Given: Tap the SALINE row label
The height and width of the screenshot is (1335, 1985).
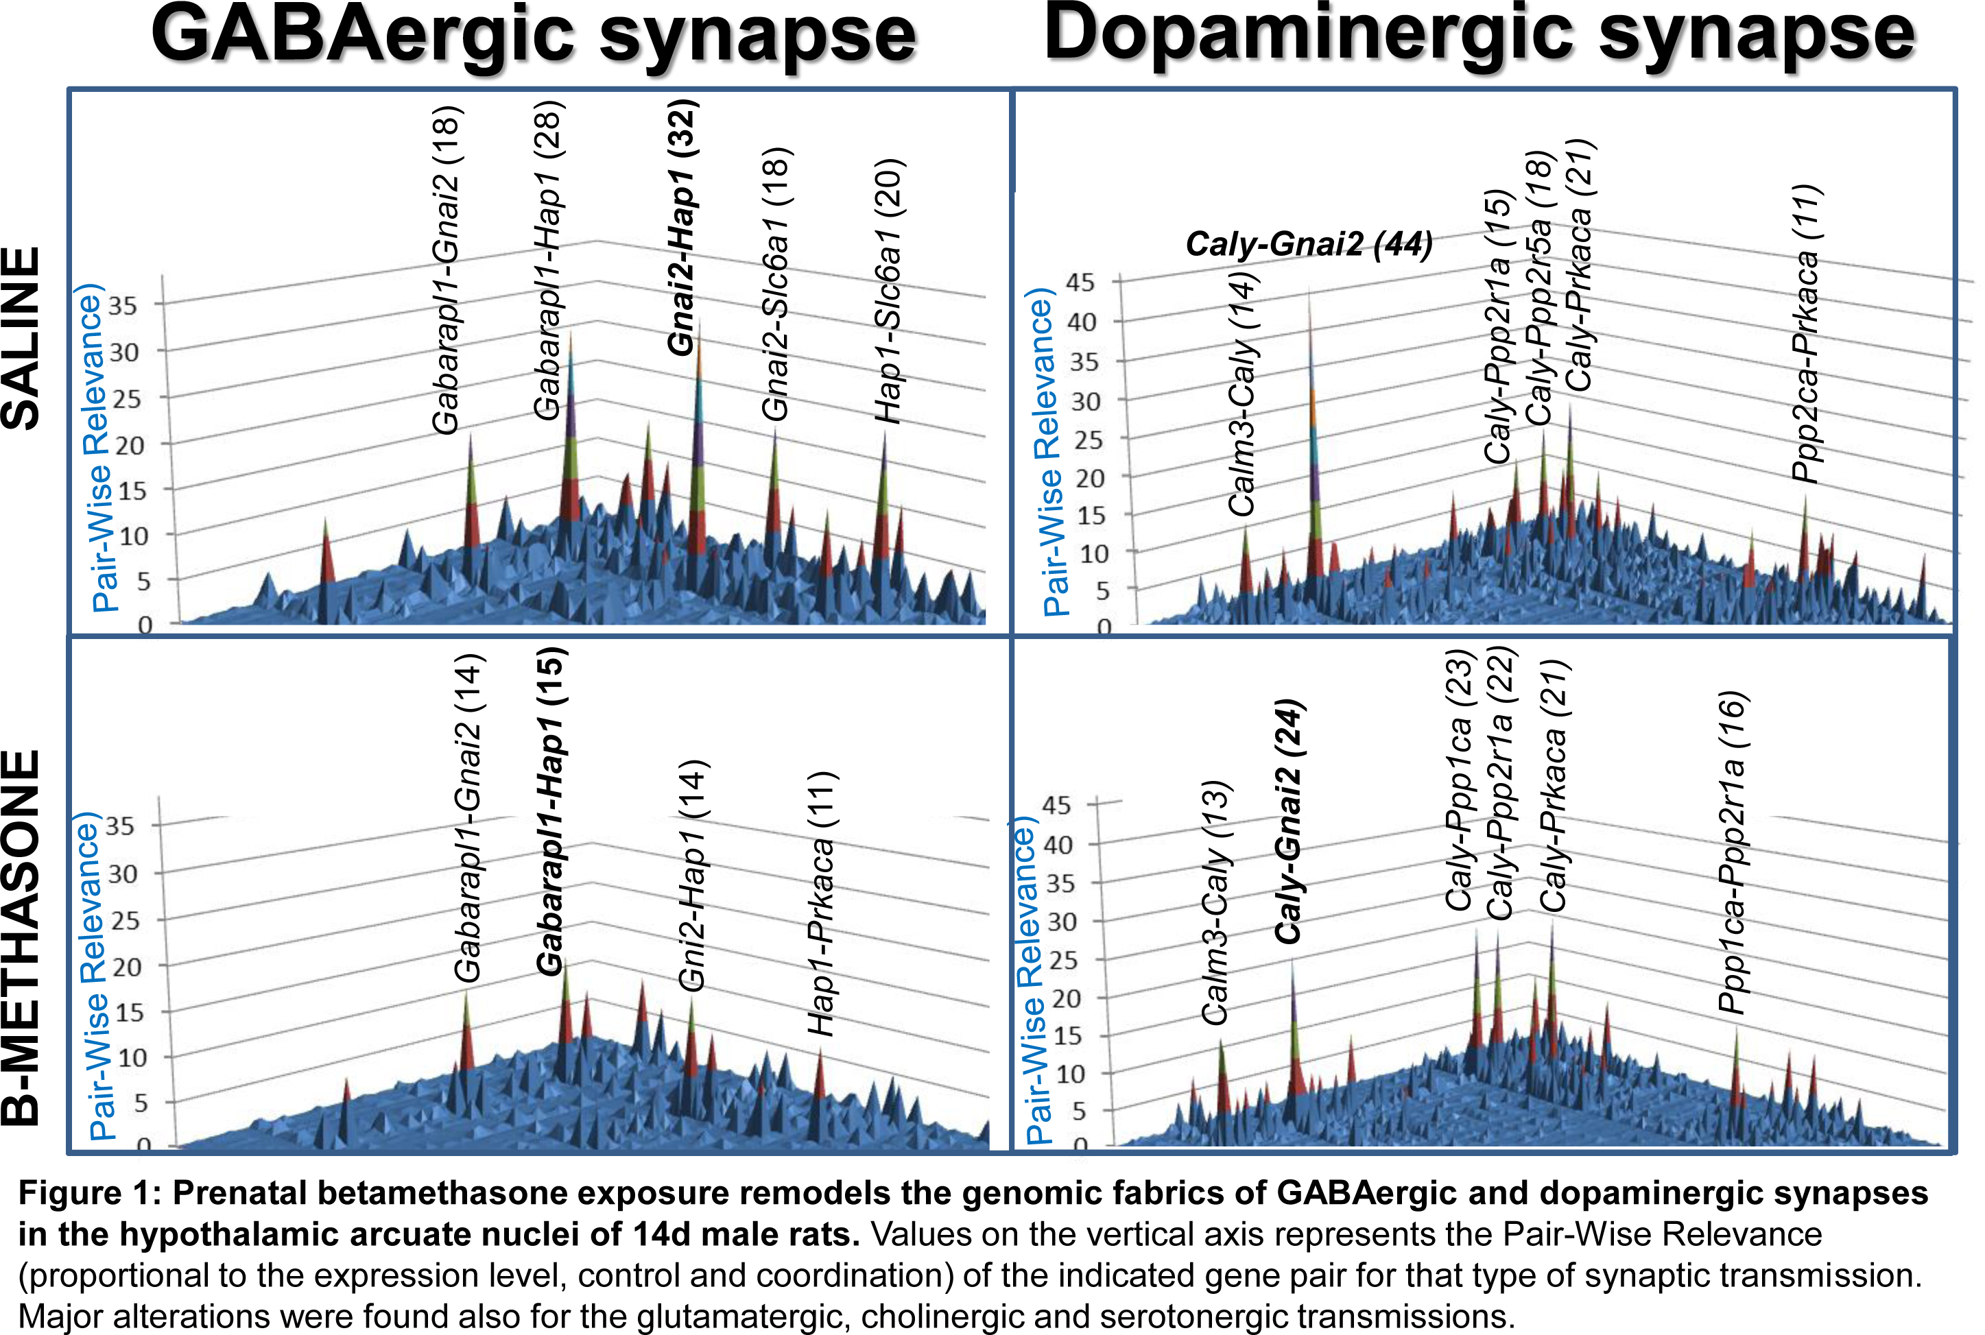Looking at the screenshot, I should click(x=22, y=338).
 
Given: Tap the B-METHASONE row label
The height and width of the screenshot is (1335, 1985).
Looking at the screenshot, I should click(x=22, y=937).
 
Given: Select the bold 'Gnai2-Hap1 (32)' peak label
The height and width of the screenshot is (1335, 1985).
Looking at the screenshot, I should click(x=683, y=228).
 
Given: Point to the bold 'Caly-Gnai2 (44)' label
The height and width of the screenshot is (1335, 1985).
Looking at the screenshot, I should click(x=1309, y=244).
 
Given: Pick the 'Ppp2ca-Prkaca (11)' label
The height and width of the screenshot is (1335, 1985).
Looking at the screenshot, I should click(x=1805, y=334).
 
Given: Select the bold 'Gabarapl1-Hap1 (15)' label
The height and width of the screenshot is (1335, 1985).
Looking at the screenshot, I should click(x=551, y=810).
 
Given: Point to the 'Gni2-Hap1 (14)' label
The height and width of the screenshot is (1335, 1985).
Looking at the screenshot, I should click(x=692, y=875).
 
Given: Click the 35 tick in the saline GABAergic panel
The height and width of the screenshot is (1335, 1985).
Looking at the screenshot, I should click(x=123, y=306).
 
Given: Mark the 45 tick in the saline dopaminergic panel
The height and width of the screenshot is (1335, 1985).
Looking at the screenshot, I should click(x=1080, y=282).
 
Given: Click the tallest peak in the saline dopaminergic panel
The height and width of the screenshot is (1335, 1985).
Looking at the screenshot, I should click(x=1311, y=293).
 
